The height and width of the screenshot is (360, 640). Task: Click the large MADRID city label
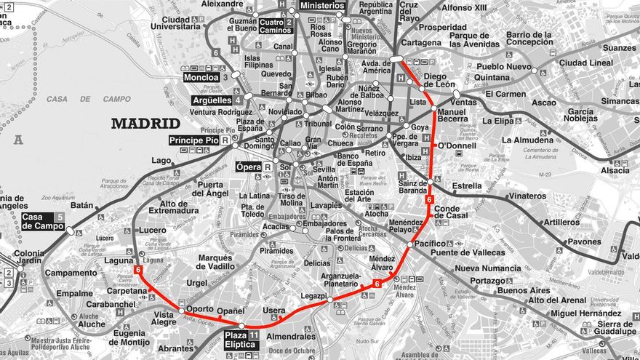point(145,124)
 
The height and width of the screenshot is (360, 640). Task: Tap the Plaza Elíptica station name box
point(241,340)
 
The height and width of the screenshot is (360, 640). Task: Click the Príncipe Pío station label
point(194,140)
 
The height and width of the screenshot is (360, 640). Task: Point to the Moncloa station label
point(201,77)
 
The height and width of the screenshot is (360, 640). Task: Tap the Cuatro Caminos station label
point(275,26)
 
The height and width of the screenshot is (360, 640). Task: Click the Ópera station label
point(249,167)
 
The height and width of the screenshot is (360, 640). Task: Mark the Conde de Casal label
point(452,213)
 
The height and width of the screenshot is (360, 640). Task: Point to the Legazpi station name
point(313,296)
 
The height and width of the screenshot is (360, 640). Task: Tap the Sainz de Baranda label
point(413,188)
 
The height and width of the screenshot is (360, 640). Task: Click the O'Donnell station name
point(457,145)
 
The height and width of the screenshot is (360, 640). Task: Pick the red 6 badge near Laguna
point(137,271)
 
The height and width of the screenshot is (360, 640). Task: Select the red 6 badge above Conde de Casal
point(429,199)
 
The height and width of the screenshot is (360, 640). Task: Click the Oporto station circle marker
point(181,311)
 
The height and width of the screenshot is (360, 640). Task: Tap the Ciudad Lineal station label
point(586,63)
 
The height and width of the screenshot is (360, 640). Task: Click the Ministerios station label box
point(322,5)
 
